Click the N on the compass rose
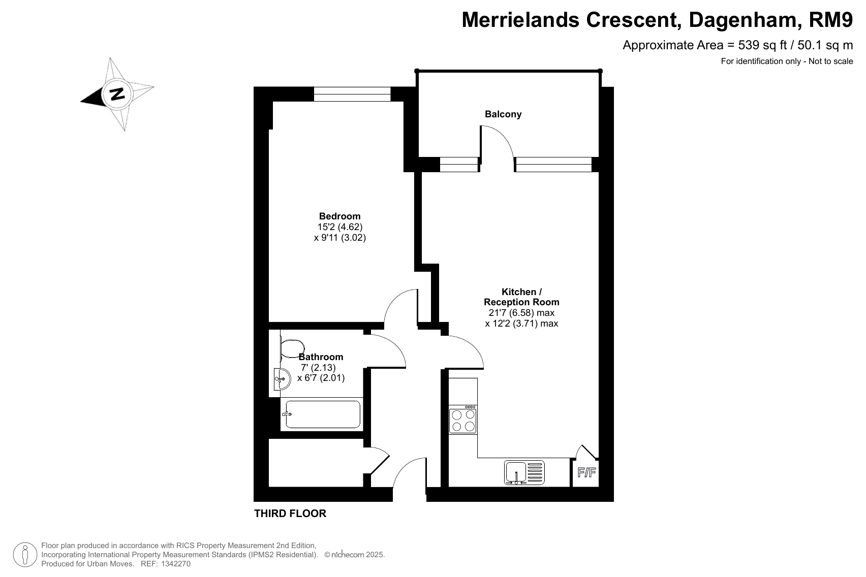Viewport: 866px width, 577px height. tap(117, 94)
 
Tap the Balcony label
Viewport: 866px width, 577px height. tap(503, 114)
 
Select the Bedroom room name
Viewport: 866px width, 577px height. tap(339, 216)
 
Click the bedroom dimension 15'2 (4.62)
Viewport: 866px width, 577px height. tap(340, 227)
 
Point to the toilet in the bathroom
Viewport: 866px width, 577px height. tap(292, 348)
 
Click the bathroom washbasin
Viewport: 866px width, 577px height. tap(282, 379)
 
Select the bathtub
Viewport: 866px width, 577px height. tap(322, 414)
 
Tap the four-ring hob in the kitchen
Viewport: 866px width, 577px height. tap(463, 420)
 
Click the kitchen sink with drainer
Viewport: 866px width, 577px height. tap(524, 472)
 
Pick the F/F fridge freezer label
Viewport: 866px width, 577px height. tap(586, 472)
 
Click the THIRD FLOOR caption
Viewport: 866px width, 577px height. tap(290, 513)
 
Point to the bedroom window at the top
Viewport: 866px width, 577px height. tap(352, 94)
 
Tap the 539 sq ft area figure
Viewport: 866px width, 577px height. tap(762, 45)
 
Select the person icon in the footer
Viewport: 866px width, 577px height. tap(25, 555)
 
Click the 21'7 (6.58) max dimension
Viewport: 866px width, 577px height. tap(519, 313)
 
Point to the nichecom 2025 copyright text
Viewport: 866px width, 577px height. tap(355, 555)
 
